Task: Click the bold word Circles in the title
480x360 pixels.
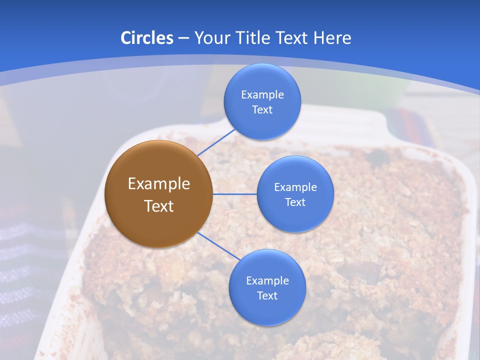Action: [x=146, y=38]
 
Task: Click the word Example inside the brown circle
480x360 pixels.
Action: [x=159, y=184]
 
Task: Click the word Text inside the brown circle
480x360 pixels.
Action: [x=159, y=206]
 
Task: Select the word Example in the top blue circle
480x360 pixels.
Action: [x=262, y=94]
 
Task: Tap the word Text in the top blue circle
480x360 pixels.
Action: [x=262, y=110]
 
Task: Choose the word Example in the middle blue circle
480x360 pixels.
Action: [x=295, y=187]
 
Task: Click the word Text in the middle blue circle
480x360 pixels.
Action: [x=295, y=202]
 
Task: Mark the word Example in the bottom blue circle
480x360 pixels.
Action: [x=267, y=280]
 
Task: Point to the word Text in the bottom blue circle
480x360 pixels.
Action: [x=267, y=296]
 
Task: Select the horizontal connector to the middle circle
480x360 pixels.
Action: [x=235, y=194]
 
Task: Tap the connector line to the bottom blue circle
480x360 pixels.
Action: [x=219, y=246]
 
